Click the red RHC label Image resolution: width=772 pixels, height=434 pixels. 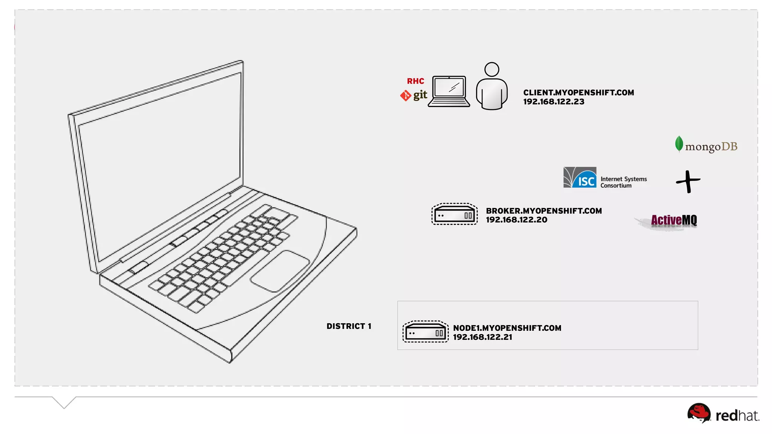[415, 81]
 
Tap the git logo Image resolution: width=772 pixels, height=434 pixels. [414, 95]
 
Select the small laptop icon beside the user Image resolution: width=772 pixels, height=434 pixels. [449, 92]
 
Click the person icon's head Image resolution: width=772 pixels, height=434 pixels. [492, 69]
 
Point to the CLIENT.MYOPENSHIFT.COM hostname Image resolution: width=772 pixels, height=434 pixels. [578, 93]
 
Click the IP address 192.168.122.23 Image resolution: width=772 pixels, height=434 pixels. [553, 102]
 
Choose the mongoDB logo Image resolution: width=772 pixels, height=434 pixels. [706, 145]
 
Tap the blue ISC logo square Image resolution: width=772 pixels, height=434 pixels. [580, 177]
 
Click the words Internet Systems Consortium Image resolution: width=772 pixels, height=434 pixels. [623, 182]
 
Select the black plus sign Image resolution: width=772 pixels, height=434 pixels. [688, 182]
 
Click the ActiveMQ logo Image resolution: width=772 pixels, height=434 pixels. [673, 220]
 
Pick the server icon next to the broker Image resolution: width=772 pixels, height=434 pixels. [454, 214]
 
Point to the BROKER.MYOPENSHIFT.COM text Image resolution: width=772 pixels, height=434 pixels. [544, 211]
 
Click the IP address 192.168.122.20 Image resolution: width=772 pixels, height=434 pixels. [516, 220]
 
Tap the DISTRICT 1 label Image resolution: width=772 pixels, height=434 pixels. [349, 326]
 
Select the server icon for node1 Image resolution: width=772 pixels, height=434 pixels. [425, 332]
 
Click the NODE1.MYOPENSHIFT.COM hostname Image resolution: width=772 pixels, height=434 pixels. [507, 328]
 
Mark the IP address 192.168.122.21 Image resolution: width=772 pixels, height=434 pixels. [482, 337]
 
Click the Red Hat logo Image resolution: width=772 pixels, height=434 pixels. [723, 414]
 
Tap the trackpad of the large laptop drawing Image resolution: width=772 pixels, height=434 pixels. [280, 270]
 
